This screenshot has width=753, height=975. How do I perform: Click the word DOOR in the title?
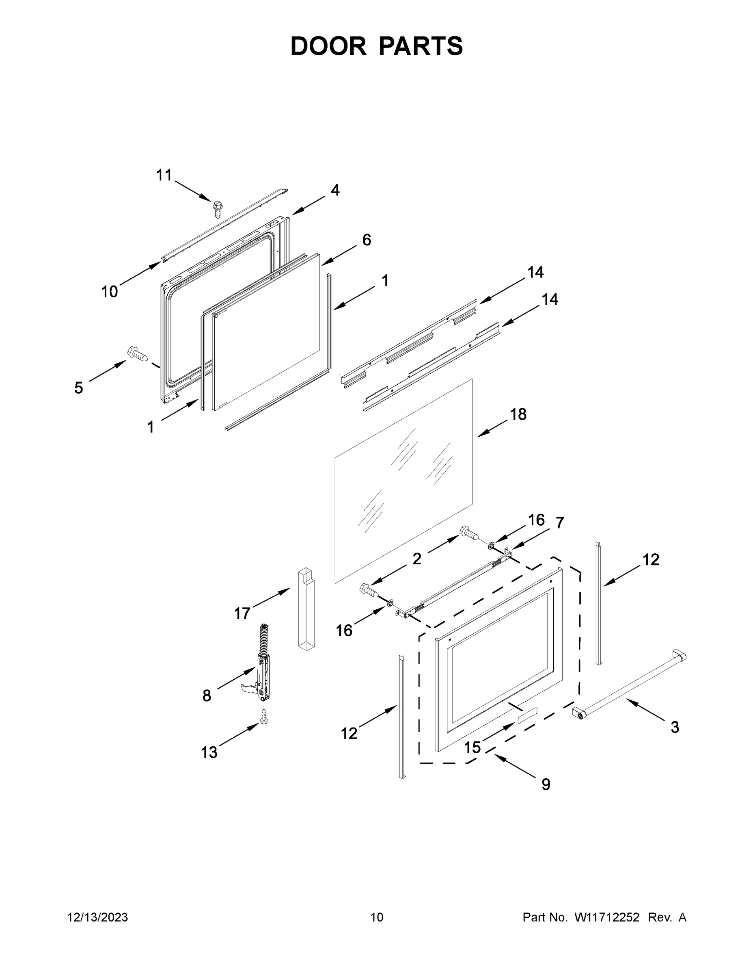pos(328,46)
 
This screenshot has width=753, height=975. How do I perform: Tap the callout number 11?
pos(164,175)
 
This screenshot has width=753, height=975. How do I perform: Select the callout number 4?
pos(335,191)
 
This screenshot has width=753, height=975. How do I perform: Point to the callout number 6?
pos(366,240)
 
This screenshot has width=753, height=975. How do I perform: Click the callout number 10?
pos(109,292)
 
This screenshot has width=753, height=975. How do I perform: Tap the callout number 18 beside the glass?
pos(518,414)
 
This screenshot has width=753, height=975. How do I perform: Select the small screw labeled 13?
pos(263,717)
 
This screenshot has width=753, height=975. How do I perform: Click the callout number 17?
pos(242,614)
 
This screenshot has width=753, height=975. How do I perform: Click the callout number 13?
pos(209,752)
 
